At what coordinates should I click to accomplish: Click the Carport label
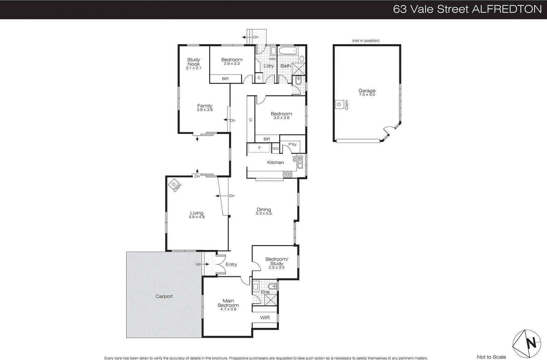(x=164, y=296)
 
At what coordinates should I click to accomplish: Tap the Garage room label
(x=367, y=91)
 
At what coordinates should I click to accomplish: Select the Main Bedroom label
(x=228, y=303)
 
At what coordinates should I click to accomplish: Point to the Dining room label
(x=264, y=209)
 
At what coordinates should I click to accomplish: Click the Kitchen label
(x=275, y=162)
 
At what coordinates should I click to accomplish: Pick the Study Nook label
(x=194, y=62)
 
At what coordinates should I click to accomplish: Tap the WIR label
(x=265, y=318)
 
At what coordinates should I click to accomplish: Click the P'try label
(x=292, y=144)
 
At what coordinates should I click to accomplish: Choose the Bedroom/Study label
(x=277, y=261)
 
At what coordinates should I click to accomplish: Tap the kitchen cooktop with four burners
(x=288, y=174)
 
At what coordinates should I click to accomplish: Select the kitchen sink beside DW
(x=300, y=162)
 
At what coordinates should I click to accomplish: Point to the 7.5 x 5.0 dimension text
(x=367, y=95)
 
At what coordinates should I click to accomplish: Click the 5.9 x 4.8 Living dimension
(x=197, y=217)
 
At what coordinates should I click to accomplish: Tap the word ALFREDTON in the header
(x=507, y=9)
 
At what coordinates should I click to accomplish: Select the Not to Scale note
(x=491, y=357)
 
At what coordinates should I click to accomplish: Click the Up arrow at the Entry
(x=206, y=264)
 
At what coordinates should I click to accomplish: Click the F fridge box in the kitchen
(x=259, y=148)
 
